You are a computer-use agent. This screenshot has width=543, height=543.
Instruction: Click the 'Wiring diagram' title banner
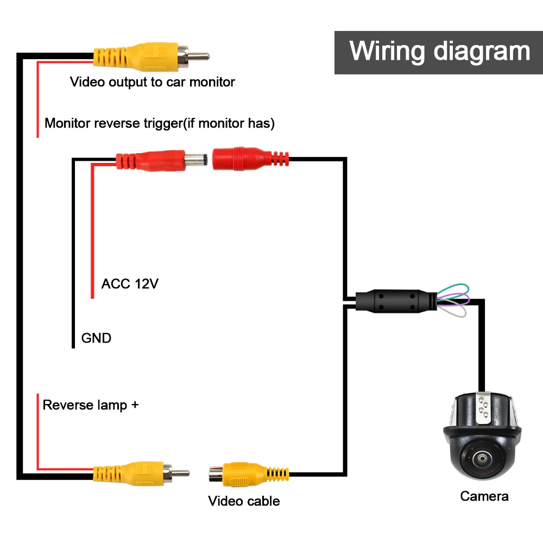(x=438, y=52)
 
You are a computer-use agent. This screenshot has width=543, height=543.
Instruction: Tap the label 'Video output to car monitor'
(x=153, y=83)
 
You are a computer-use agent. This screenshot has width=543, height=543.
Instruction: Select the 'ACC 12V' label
(x=130, y=283)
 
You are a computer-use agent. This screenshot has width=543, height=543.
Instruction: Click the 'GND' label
(x=96, y=338)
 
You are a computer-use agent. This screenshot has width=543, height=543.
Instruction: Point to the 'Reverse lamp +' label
(x=91, y=405)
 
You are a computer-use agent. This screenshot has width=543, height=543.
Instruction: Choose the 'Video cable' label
(x=244, y=501)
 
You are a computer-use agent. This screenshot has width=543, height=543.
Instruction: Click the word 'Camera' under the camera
(x=484, y=496)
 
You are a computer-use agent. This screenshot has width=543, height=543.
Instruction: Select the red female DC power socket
(x=250, y=159)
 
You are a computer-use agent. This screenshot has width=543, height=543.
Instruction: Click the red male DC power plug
(x=162, y=161)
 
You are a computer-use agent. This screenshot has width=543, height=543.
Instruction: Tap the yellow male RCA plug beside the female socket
(x=141, y=473)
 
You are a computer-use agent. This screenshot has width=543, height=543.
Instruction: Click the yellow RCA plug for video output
(x=151, y=57)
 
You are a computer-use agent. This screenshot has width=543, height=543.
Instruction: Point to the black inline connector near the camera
(x=396, y=301)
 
